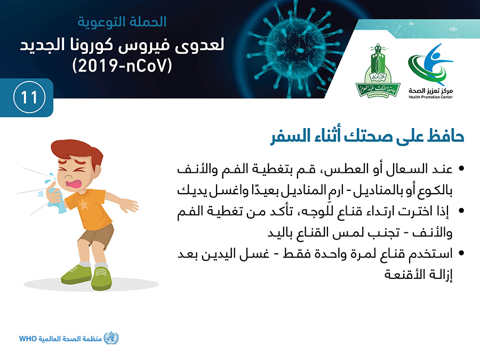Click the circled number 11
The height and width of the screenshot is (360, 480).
point(29,98)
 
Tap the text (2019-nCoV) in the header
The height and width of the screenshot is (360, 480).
point(122,65)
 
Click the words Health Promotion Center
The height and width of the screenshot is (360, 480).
point(430,97)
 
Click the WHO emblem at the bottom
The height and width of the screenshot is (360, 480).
point(111,338)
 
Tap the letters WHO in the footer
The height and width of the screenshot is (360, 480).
point(28,339)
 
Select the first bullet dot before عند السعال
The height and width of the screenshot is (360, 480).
point(461,169)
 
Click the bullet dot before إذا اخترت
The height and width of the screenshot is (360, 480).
point(461,211)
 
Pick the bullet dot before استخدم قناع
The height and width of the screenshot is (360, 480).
point(461,253)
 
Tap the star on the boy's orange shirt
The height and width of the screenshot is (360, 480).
point(83,204)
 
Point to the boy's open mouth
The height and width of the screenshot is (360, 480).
point(73,183)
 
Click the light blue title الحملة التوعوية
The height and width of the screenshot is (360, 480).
point(122,22)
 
